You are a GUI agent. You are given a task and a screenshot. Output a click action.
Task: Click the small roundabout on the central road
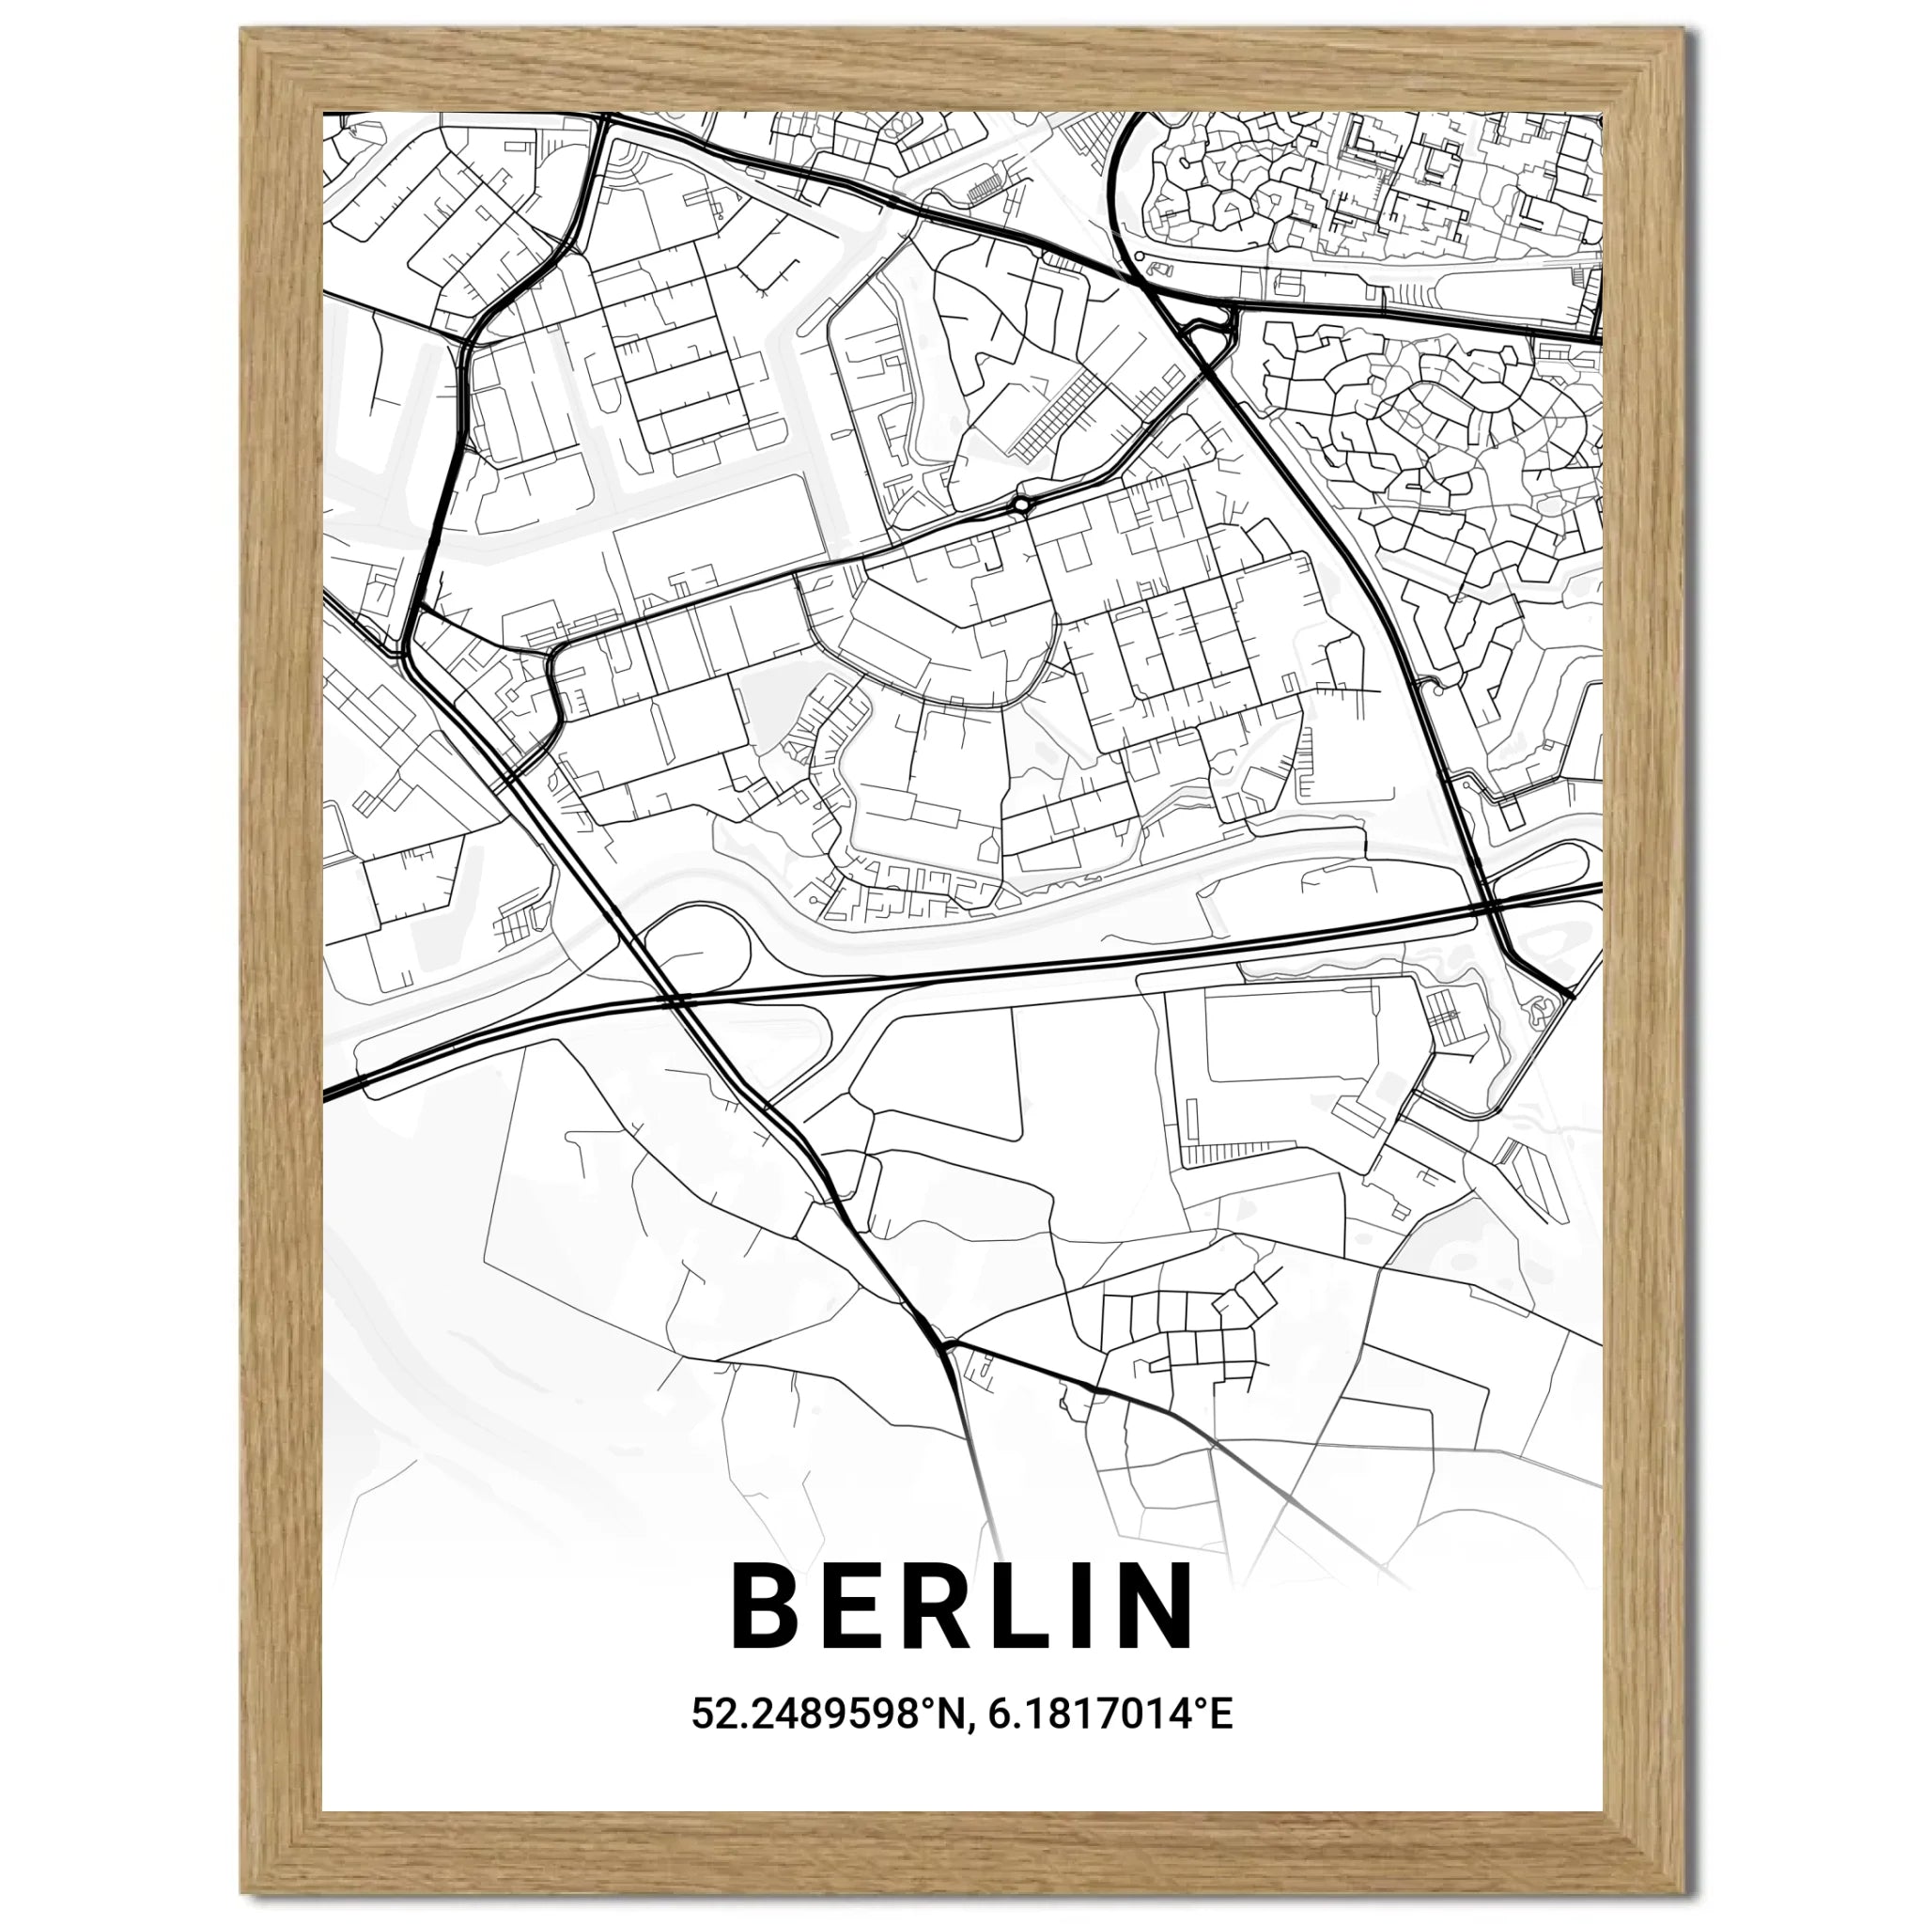(1022, 506)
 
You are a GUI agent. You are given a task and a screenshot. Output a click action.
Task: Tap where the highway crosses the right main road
(1486, 908)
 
